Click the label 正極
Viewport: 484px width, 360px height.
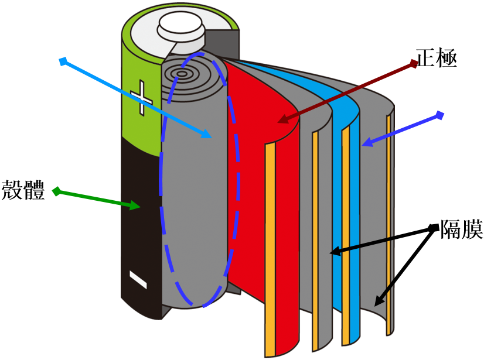pos(436,59)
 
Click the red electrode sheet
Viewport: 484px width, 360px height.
pos(258,176)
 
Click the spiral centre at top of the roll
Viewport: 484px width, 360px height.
pos(183,74)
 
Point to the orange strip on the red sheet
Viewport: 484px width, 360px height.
pos(270,246)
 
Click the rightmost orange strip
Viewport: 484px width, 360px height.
pos(388,222)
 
